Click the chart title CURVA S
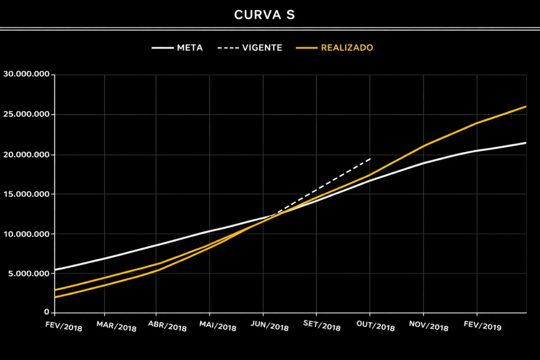click(x=265, y=15)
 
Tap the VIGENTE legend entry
click(x=262, y=47)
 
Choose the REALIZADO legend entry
click(x=346, y=47)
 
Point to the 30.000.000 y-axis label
click(x=26, y=74)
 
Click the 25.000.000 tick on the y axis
click(x=26, y=114)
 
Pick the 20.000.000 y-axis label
click(x=26, y=154)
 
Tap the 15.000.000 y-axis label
click(x=26, y=194)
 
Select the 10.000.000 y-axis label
click(x=26, y=233)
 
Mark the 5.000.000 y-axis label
click(x=28, y=274)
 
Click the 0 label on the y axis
click(x=46, y=313)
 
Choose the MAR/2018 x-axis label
click(x=117, y=326)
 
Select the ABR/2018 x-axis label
click(x=168, y=326)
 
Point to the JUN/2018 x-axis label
click(x=269, y=326)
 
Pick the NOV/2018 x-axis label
click(x=429, y=326)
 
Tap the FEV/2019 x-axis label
click(x=483, y=326)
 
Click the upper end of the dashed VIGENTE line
click(x=370, y=158)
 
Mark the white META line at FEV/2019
click(x=477, y=151)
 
